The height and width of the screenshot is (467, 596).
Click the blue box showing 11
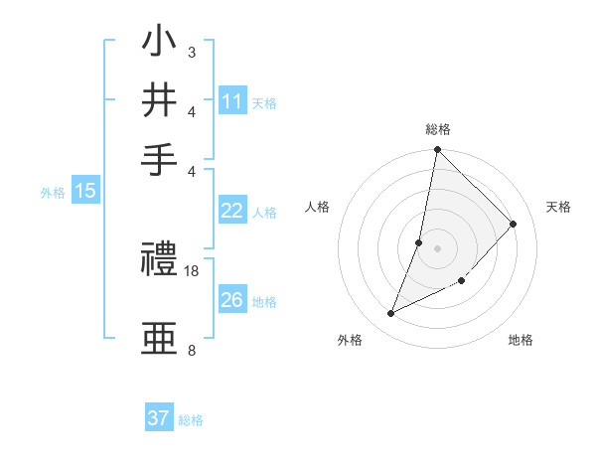[232, 101]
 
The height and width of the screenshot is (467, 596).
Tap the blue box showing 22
[232, 211]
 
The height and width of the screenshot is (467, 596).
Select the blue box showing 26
[232, 300]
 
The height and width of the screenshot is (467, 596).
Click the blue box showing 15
[85, 192]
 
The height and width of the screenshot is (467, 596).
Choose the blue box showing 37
[159, 418]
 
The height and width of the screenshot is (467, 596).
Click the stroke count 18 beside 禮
[192, 271]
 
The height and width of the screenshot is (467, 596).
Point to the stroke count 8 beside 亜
[192, 350]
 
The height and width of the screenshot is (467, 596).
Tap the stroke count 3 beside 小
[192, 52]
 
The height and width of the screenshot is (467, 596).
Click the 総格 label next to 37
[191, 420]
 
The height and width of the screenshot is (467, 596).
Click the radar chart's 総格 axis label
[438, 129]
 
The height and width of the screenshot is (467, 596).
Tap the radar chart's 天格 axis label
[558, 207]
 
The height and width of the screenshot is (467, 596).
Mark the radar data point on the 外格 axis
[391, 314]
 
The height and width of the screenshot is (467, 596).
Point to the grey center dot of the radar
[438, 247]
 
